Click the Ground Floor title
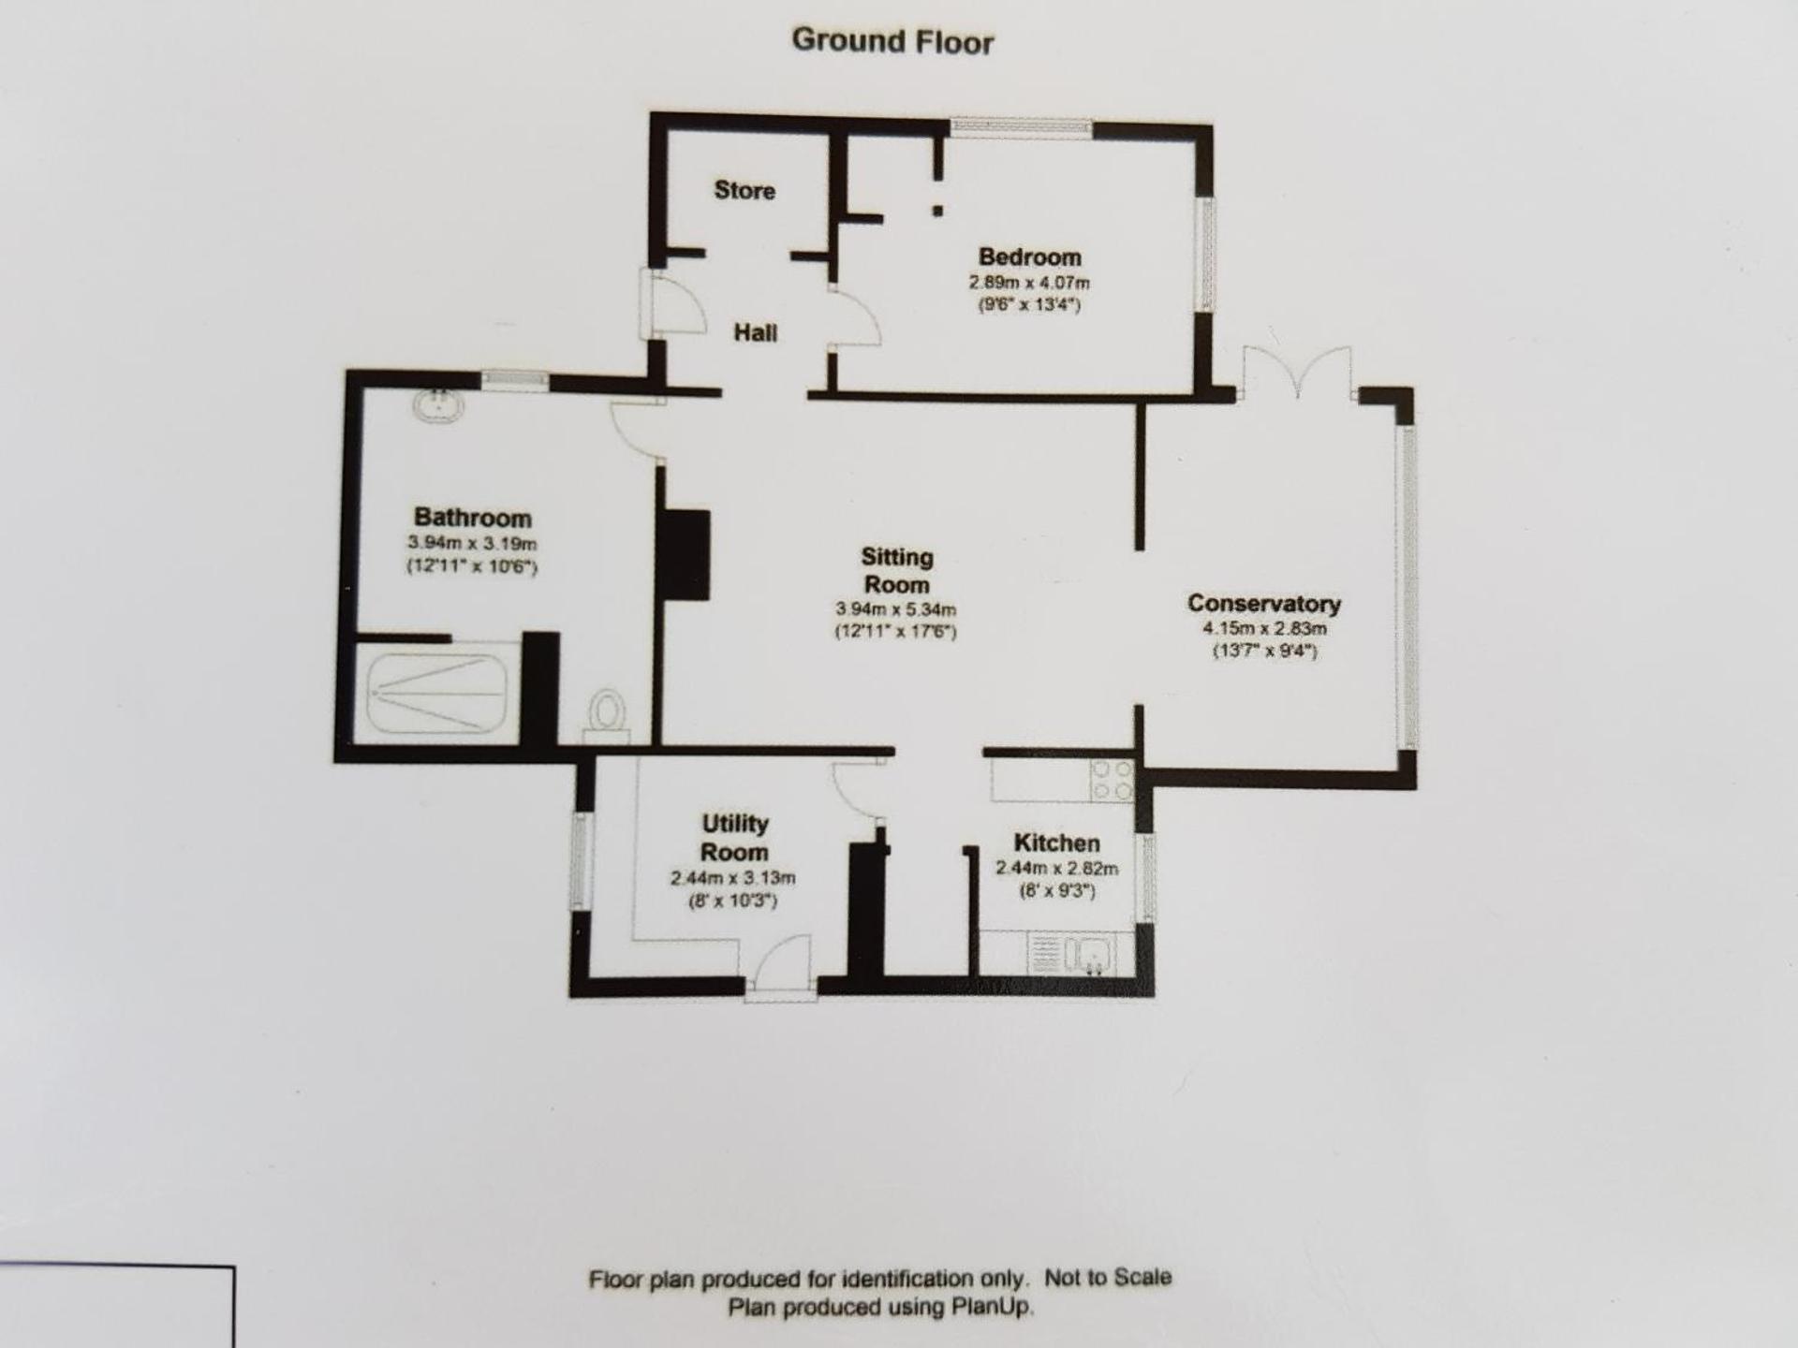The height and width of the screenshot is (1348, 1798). click(x=892, y=41)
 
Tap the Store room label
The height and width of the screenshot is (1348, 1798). click(x=744, y=190)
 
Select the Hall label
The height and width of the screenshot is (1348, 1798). click(x=755, y=332)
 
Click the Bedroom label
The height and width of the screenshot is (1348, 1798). click(x=1029, y=256)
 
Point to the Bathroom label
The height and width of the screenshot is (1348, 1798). click(x=472, y=518)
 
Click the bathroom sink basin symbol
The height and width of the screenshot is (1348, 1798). click(x=438, y=405)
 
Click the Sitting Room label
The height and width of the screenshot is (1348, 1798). click(x=896, y=571)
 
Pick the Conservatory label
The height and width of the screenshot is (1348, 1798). click(x=1263, y=603)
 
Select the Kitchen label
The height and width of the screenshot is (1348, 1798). click(x=1056, y=842)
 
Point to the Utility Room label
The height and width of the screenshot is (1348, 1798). click(x=734, y=838)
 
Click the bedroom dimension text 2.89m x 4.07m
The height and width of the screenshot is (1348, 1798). click(x=1029, y=282)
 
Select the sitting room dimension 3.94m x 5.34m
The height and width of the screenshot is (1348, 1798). click(x=895, y=609)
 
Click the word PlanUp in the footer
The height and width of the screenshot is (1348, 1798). click(x=993, y=1307)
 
